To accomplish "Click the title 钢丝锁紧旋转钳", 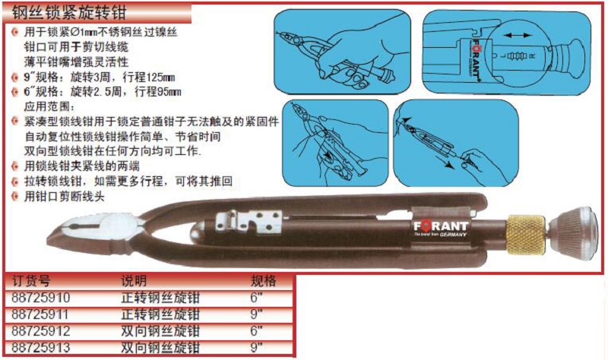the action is click(69, 13).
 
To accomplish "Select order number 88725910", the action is click(41, 298).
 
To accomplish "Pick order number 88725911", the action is click(40, 314).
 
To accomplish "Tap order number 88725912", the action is click(41, 331).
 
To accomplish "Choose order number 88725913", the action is click(41, 347).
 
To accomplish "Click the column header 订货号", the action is click(31, 281).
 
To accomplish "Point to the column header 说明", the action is click(135, 281).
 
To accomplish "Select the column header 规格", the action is click(263, 281).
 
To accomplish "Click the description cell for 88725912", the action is click(160, 331).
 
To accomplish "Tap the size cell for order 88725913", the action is click(256, 346).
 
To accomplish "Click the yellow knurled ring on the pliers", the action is click(525, 235).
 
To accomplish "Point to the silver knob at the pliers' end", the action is click(573, 233).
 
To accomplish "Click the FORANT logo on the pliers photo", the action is click(441, 228).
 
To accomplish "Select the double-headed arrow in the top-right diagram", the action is click(518, 35).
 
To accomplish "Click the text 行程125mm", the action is click(149, 77).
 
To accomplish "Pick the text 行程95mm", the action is click(158, 92).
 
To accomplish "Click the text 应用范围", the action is click(49, 106).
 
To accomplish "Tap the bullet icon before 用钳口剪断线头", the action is click(15, 197).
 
